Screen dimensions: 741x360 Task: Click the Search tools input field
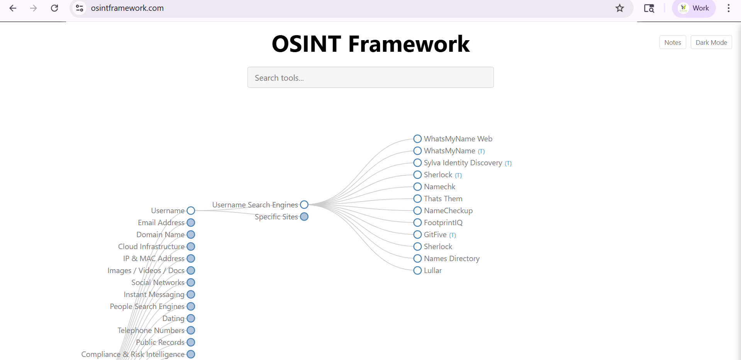tap(370, 77)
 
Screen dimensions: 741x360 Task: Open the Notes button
tap(673, 42)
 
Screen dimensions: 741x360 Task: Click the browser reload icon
tap(54, 8)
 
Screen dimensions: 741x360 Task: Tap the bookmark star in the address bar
tap(620, 8)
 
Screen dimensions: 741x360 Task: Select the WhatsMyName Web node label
tap(458, 139)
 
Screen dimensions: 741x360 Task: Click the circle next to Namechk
tap(417, 187)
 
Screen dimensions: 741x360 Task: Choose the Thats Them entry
tap(443, 199)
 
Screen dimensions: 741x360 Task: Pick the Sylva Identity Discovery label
tap(463, 163)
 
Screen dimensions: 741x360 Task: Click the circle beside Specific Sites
tap(304, 217)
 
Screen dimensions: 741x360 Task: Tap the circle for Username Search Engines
tap(304, 205)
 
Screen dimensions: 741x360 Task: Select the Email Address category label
tap(161, 222)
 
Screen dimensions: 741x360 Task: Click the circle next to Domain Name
tap(191, 234)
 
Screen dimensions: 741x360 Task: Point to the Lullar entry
tap(433, 270)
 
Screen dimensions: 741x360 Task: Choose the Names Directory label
tap(452, 258)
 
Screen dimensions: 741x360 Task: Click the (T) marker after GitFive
tap(453, 235)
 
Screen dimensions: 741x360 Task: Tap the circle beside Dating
tap(191, 318)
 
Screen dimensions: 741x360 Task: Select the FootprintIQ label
tap(443, 222)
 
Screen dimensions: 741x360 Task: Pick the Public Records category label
tap(160, 342)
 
